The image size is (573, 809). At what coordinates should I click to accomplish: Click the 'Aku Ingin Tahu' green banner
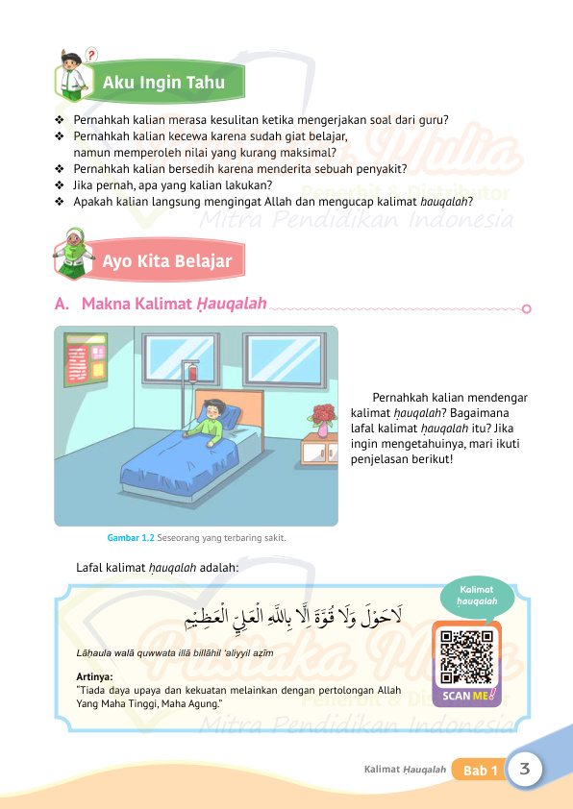(x=163, y=83)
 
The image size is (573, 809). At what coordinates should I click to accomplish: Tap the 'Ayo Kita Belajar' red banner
(x=167, y=259)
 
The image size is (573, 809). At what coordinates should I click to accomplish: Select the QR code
(x=466, y=656)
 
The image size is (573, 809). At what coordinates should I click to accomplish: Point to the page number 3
(x=525, y=769)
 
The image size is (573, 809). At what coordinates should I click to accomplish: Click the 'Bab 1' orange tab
(x=481, y=771)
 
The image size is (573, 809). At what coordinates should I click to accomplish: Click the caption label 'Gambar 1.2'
(x=132, y=537)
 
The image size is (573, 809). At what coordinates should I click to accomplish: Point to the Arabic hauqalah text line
(x=297, y=613)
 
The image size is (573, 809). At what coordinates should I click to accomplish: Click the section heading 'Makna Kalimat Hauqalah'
(x=174, y=305)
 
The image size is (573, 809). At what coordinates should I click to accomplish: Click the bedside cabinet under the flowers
(x=320, y=449)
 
